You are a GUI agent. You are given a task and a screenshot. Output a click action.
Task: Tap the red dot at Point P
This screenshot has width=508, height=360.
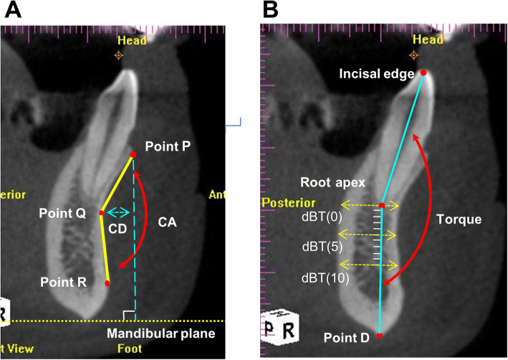point(133,155)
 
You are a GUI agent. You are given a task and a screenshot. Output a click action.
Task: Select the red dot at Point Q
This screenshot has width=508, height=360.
point(101,213)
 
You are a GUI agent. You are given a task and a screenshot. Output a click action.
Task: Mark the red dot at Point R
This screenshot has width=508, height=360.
point(107,284)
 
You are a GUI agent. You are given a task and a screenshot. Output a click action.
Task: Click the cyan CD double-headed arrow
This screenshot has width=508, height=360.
point(118,212)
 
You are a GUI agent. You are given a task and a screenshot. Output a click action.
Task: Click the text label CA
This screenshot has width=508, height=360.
point(168,222)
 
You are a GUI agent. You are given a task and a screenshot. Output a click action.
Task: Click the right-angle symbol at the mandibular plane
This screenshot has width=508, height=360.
point(128,315)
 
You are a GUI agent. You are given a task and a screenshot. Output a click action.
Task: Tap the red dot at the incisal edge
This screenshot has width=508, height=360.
point(423,72)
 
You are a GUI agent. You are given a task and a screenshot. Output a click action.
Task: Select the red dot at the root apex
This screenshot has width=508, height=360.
point(382,206)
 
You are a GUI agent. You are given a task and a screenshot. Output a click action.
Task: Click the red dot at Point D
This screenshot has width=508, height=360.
point(379,336)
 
